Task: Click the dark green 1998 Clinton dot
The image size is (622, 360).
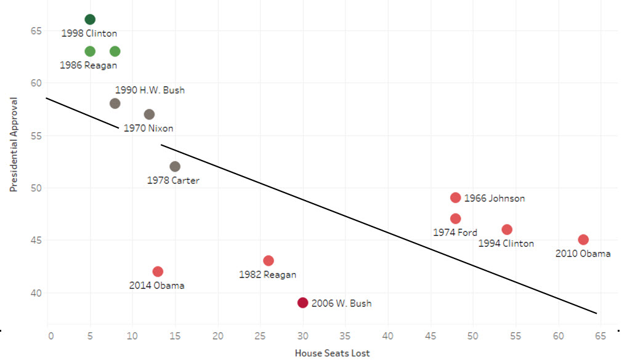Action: [90, 20]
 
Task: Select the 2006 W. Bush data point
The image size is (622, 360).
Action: [302, 303]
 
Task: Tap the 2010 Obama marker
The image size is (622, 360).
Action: [583, 239]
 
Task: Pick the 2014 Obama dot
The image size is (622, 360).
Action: [158, 271]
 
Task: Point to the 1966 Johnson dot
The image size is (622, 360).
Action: [456, 198]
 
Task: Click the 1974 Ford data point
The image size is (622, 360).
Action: [456, 218]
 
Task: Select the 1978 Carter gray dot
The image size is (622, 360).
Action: [175, 166]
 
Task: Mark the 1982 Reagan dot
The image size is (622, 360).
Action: [269, 261]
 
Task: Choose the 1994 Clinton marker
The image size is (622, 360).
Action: [507, 230]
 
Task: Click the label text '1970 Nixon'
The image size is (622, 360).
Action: [148, 129]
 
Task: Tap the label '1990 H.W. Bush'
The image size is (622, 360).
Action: [150, 90]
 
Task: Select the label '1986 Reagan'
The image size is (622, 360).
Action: [88, 65]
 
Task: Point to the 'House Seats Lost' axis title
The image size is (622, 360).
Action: [332, 353]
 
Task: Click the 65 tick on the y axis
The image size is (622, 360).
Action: [35, 30]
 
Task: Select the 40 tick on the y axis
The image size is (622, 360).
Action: [35, 293]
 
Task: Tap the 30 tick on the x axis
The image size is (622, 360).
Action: [302, 337]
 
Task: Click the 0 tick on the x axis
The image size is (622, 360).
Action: [50, 337]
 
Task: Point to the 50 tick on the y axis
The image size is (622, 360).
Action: [35, 188]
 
